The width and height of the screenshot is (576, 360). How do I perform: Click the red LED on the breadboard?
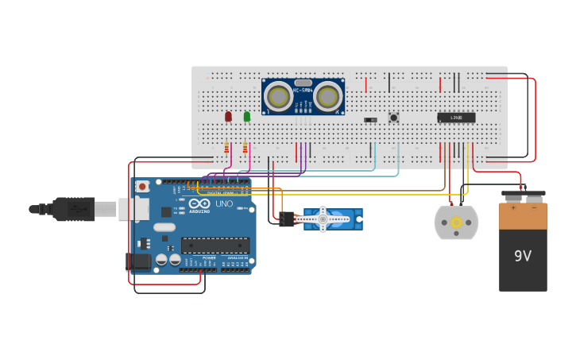point(228,116)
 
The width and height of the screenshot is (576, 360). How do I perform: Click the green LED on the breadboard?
point(246,116)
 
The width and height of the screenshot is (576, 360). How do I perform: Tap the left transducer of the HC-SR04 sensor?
point(279,96)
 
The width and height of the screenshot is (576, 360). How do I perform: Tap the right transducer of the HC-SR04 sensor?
point(327,96)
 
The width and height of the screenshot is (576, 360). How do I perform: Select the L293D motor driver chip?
point(456,118)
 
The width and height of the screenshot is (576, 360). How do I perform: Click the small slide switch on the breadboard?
point(370,120)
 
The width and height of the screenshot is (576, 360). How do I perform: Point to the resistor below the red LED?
point(226,147)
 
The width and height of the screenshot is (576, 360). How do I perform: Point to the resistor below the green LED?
point(245,147)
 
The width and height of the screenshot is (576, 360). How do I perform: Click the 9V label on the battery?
point(522,257)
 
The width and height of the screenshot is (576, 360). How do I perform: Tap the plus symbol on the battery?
point(512,207)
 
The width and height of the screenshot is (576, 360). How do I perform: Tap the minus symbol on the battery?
point(533,207)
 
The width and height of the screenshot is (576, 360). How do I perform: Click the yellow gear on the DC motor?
point(456,223)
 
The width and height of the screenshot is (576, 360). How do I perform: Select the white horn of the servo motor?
point(323,219)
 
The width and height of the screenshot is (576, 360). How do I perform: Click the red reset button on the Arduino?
point(142,187)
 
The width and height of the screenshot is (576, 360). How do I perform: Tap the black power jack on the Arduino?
point(138,261)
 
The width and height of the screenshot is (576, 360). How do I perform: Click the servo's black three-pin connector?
point(286,219)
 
